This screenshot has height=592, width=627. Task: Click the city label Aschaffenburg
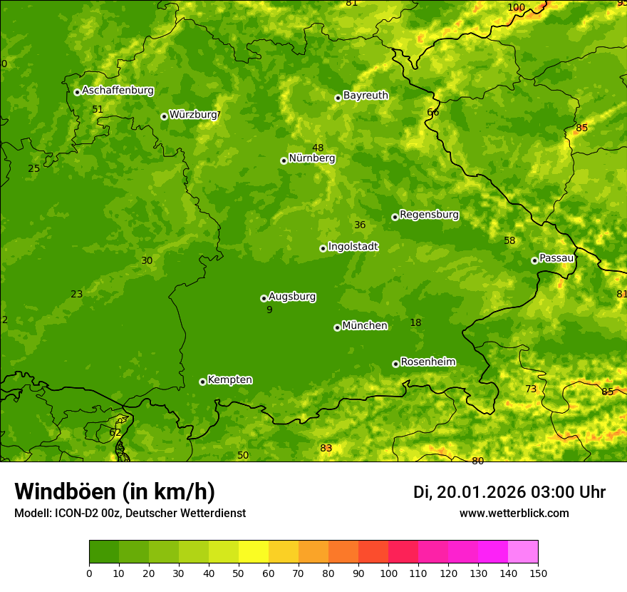[x=118, y=91]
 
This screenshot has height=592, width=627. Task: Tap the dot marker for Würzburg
[x=164, y=116]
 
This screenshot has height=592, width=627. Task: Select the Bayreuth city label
[x=366, y=96]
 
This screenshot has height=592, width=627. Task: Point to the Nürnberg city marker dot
[x=284, y=160]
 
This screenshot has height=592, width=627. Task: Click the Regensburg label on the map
[x=429, y=215]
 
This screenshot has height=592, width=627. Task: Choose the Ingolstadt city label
[x=353, y=247]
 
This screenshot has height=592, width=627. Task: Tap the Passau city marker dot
[x=534, y=260]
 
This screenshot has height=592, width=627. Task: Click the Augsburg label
[x=292, y=297]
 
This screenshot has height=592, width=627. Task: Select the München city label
[x=365, y=326]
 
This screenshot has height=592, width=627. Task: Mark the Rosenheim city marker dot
[x=395, y=364]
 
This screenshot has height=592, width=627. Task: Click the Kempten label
[x=229, y=380]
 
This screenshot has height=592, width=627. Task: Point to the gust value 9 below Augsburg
[x=269, y=310]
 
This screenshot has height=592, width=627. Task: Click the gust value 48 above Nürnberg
[x=318, y=148]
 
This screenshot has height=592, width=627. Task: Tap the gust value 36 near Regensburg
[x=360, y=225]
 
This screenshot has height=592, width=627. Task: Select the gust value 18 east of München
[x=415, y=323]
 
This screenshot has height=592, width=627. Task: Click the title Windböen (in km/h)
[x=115, y=491]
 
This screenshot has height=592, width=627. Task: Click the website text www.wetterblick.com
[x=514, y=513]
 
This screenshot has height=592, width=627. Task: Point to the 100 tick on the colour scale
[x=388, y=573]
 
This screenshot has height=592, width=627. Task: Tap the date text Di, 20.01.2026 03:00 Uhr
[x=509, y=492]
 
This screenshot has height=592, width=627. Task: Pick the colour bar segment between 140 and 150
[x=523, y=552]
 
